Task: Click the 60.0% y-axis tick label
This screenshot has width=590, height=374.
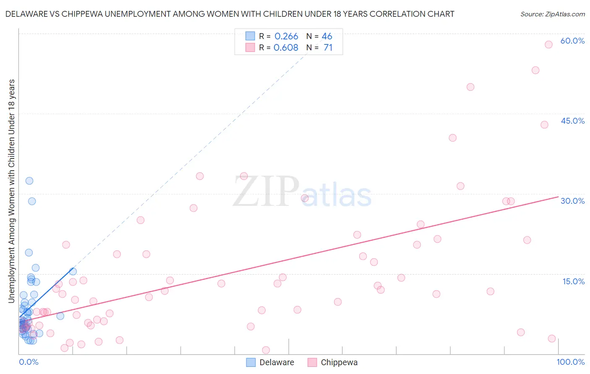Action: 572,41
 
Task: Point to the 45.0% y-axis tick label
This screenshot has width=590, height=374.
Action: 572,121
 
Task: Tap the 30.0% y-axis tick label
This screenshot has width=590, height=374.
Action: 572,201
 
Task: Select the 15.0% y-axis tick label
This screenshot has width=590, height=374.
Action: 573,281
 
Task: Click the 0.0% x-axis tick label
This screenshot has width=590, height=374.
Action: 29,362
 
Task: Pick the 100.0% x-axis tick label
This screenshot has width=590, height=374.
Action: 570,362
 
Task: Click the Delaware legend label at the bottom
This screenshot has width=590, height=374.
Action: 277,363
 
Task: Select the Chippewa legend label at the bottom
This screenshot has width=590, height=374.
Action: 339,363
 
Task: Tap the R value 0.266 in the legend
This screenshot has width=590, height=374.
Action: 286,36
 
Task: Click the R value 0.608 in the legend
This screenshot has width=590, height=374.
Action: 286,48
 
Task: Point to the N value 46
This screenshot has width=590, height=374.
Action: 327,36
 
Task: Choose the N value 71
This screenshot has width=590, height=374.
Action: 328,48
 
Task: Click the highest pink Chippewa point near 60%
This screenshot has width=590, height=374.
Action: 548,44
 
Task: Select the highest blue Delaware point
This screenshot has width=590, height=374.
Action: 29,181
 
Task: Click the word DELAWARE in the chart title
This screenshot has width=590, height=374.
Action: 26,14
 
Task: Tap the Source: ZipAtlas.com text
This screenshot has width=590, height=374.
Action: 552,14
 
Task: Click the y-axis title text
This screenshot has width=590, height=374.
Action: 11,191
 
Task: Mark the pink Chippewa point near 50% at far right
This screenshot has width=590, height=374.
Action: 470,87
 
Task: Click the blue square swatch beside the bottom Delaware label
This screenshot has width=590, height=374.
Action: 251,363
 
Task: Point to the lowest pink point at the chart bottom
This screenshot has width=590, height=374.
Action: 266,350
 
